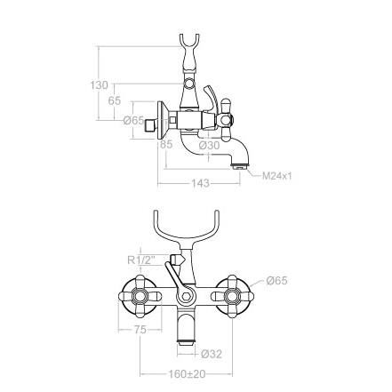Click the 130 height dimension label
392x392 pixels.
pos(99,85)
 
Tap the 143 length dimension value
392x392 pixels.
pos(200,183)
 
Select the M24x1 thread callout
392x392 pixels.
pos(277,176)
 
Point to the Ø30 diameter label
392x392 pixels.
pos(209,146)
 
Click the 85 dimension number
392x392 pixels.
pos(166,145)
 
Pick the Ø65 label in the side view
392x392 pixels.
pos(134,121)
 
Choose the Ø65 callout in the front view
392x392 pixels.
pos(276,280)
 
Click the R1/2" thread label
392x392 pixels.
pos(144,260)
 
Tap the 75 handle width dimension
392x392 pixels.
pos(140,329)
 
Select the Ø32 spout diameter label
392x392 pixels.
pos(212,354)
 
